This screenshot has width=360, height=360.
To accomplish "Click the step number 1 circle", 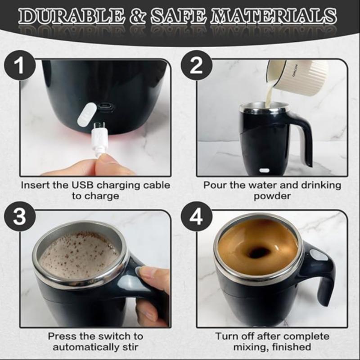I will [19, 67].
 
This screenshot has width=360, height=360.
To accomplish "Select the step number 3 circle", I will [19, 218].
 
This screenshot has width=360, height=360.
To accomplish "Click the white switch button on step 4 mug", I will [319, 255].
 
